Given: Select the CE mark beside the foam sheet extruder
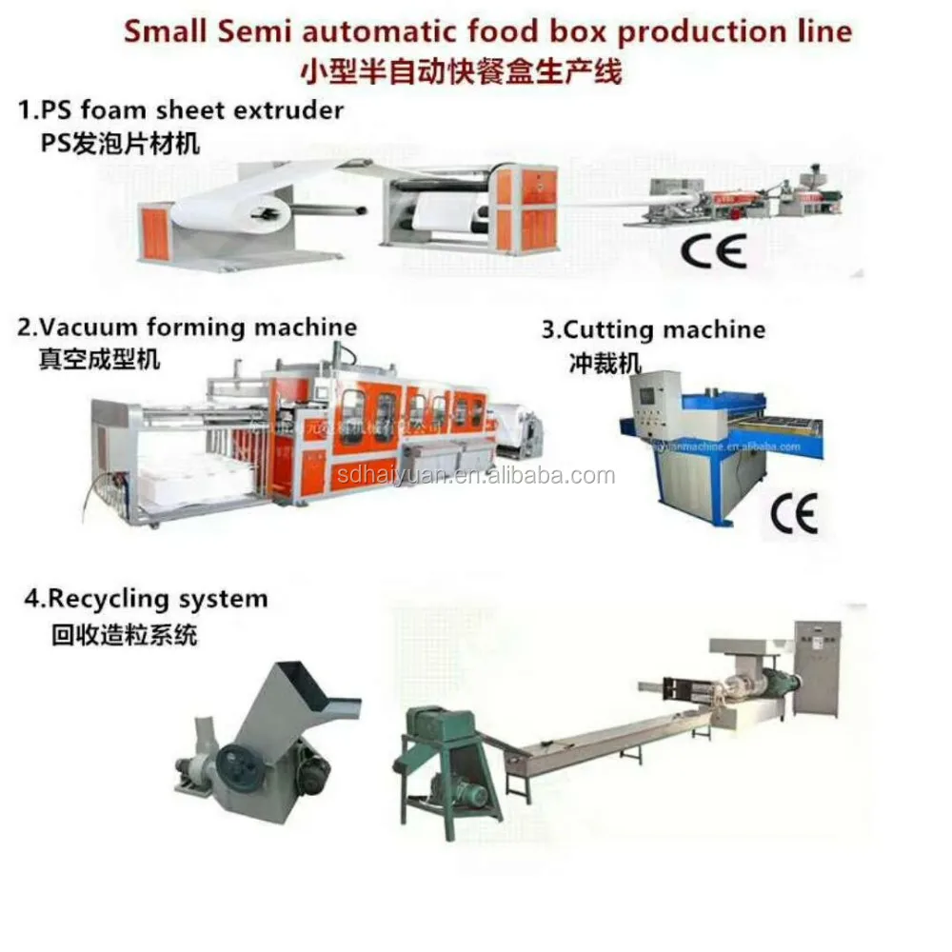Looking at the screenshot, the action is tap(713, 251).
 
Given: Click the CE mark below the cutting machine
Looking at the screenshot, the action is tap(793, 515).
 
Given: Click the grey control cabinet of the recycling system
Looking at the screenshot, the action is tap(818, 666).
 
